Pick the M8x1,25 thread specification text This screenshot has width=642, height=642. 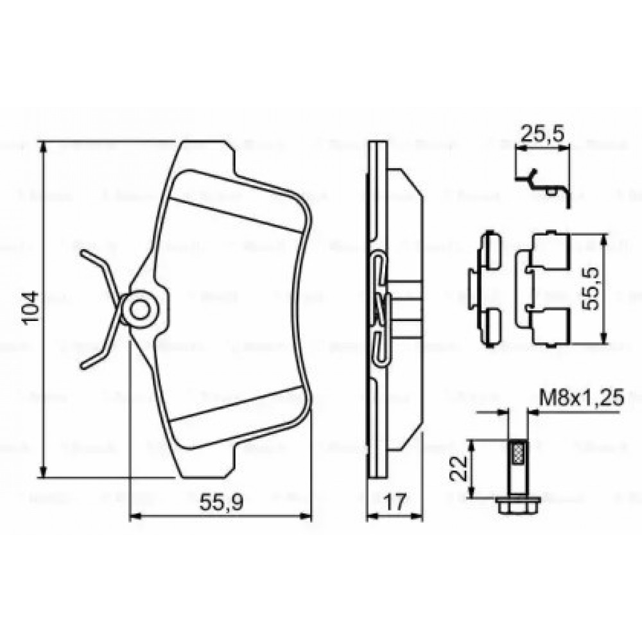point(582,397)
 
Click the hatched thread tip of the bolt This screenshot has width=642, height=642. point(517,453)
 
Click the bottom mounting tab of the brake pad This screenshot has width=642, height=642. point(205,465)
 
